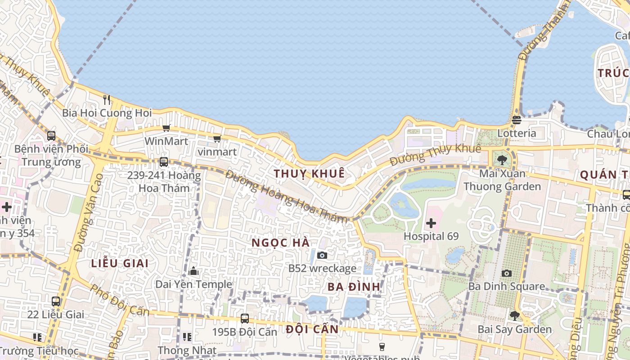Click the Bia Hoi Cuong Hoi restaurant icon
(107, 99)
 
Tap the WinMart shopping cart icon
(166, 128)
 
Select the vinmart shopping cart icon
(217, 139)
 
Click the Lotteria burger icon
(516, 120)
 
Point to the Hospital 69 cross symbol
(431, 223)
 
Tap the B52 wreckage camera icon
(322, 255)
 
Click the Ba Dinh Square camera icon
(507, 273)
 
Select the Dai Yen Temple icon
(194, 271)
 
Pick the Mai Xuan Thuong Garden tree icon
(502, 160)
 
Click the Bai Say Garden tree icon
(514, 316)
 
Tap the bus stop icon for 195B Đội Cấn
(245, 319)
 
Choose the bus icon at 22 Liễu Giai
(56, 301)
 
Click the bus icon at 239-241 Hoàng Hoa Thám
(164, 162)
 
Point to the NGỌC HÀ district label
(280, 243)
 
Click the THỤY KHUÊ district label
(309, 173)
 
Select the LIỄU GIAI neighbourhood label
(120, 264)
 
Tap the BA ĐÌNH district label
(354, 287)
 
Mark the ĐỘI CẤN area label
(312, 329)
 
